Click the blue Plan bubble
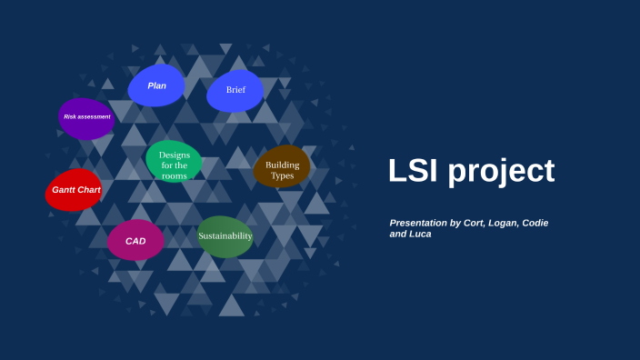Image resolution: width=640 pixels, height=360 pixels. [x=156, y=85]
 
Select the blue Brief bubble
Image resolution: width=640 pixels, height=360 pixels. [x=235, y=90]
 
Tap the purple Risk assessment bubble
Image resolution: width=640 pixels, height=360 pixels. [x=86, y=117]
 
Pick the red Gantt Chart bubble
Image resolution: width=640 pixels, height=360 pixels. [x=75, y=190]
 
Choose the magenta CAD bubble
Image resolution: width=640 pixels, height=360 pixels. [x=135, y=241]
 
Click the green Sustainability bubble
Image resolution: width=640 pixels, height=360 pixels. [x=225, y=236]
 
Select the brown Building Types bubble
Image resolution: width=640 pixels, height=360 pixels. [x=282, y=169]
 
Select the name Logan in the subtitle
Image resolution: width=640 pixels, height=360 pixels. [x=517, y=223]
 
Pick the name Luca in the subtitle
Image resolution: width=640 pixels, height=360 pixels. [x=421, y=234]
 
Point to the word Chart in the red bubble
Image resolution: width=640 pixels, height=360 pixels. [x=88, y=190]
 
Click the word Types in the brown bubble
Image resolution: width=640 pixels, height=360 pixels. [x=283, y=175]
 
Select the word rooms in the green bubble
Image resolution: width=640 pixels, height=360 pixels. [x=174, y=175]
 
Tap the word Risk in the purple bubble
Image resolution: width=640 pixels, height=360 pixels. [x=69, y=117]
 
